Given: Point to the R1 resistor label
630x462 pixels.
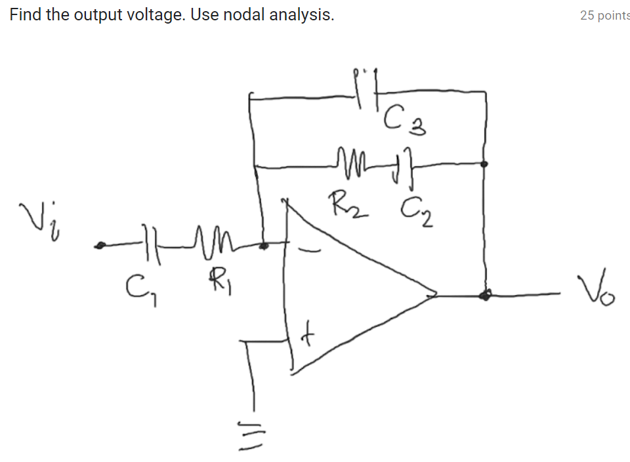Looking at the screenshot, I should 219,283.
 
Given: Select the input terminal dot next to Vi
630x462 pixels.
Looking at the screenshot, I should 100,246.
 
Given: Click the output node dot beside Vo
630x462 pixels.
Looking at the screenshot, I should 485,296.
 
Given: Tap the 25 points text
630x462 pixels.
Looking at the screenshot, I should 604,15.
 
